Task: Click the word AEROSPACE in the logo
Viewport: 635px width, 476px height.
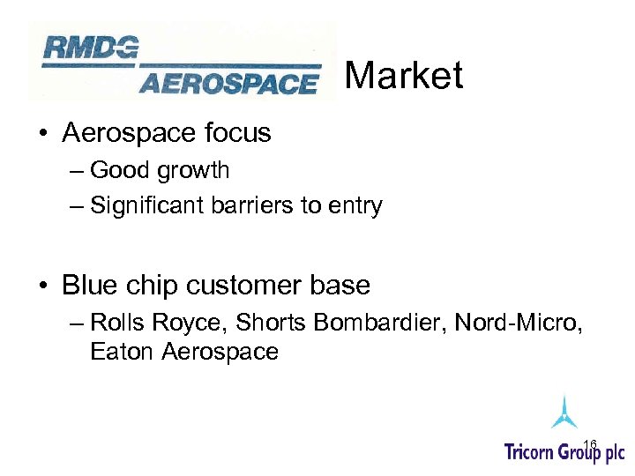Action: pyautogui.click(x=228, y=84)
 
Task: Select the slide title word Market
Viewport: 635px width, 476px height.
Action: pyautogui.click(x=403, y=76)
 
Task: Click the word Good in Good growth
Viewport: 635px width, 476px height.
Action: pyautogui.click(x=119, y=170)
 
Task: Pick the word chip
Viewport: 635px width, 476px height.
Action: pyautogui.click(x=150, y=286)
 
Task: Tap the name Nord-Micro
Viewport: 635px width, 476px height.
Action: pyautogui.click(x=519, y=323)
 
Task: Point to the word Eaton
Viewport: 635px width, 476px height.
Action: pyautogui.click(x=122, y=353)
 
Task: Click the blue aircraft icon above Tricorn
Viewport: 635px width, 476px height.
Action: pyautogui.click(x=564, y=412)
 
